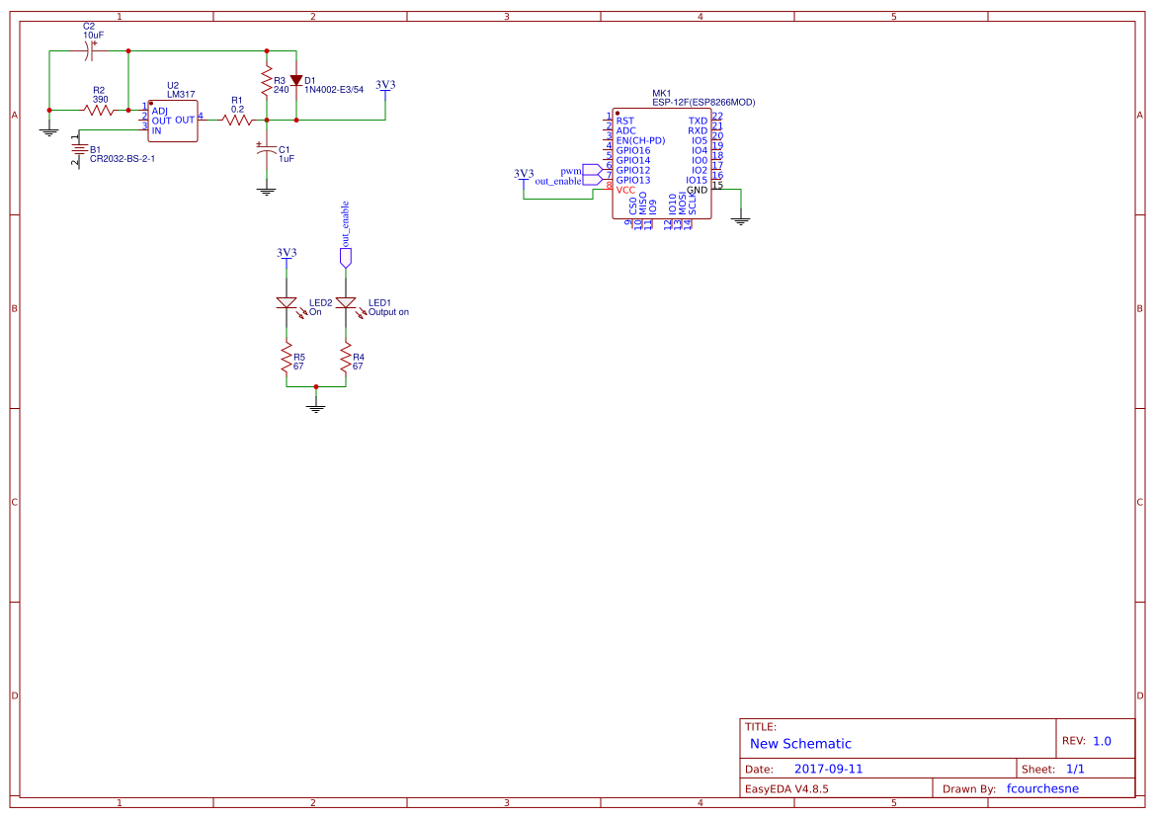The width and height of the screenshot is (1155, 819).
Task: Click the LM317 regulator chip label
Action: point(181,95)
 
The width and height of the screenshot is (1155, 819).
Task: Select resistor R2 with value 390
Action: point(100,111)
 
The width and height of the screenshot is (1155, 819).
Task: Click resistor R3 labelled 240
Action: point(266,81)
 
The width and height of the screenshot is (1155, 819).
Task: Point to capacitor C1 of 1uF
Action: point(266,150)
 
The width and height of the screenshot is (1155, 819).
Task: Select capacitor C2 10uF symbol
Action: point(93,51)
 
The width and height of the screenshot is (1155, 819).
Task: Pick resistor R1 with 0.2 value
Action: point(237,121)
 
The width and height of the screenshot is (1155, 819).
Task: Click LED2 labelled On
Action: point(287,303)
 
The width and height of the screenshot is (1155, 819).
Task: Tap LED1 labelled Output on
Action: point(346,303)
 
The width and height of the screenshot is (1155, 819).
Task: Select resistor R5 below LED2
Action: point(287,358)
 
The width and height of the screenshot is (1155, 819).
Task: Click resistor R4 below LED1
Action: point(346,358)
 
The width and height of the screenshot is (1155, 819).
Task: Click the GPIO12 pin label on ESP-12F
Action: point(632,170)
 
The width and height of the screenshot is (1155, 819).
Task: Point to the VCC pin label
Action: point(625,190)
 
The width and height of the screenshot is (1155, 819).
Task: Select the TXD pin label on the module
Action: point(698,121)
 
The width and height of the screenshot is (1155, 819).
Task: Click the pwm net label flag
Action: point(591,171)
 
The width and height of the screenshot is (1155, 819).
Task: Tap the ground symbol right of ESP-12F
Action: point(741,220)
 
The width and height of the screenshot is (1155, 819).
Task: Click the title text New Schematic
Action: point(800,744)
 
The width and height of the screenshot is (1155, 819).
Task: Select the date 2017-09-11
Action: point(828,769)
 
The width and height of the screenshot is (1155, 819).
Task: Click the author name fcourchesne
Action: point(1042,788)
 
